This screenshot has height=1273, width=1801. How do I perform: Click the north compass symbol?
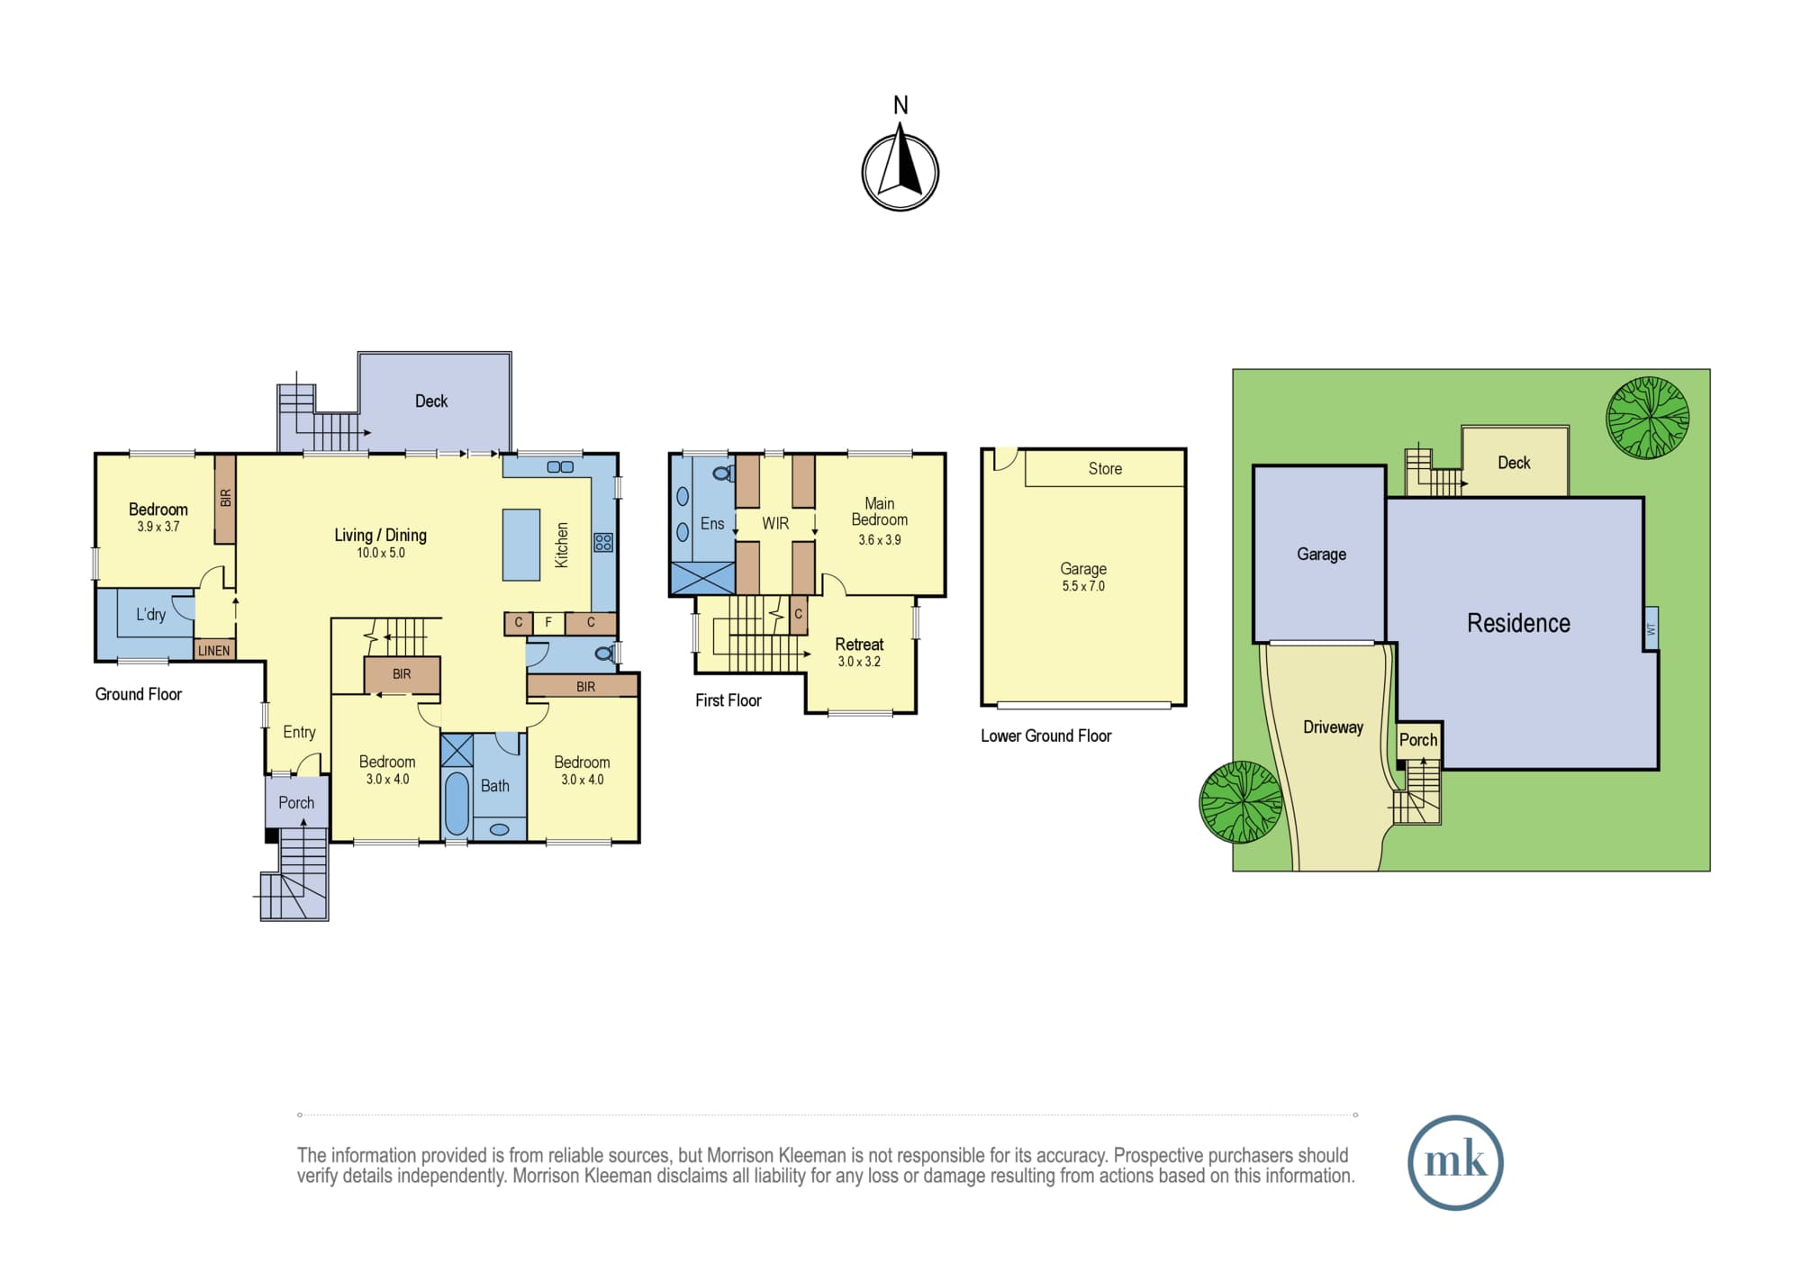[900, 171]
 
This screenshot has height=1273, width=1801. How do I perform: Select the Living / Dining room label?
[380, 535]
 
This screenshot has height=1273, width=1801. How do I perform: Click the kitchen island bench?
[521, 545]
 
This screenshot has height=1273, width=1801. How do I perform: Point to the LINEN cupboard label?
[214, 650]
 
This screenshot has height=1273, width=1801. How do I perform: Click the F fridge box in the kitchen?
[548, 622]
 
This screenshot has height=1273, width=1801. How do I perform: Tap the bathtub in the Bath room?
[457, 803]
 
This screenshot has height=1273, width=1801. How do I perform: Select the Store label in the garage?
[1105, 468]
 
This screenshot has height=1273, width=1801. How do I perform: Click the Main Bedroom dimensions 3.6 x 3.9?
[880, 540]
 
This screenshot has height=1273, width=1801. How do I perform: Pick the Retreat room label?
[859, 645]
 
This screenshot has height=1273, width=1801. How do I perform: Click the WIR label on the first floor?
[775, 523]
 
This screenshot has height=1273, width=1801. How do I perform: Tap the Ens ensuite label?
[712, 523]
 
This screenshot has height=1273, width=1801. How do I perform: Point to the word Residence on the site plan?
[1518, 623]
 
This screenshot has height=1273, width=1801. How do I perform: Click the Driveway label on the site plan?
[1333, 727]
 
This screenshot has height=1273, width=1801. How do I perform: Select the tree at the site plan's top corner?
[1648, 418]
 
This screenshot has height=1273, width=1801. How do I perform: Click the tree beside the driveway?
[1241, 802]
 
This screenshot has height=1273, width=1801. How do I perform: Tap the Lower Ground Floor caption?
[1045, 736]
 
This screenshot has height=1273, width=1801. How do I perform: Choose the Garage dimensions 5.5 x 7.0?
[1083, 586]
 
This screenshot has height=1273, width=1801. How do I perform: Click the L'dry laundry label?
[150, 614]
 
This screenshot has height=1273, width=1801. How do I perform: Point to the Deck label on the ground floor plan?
[431, 401]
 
